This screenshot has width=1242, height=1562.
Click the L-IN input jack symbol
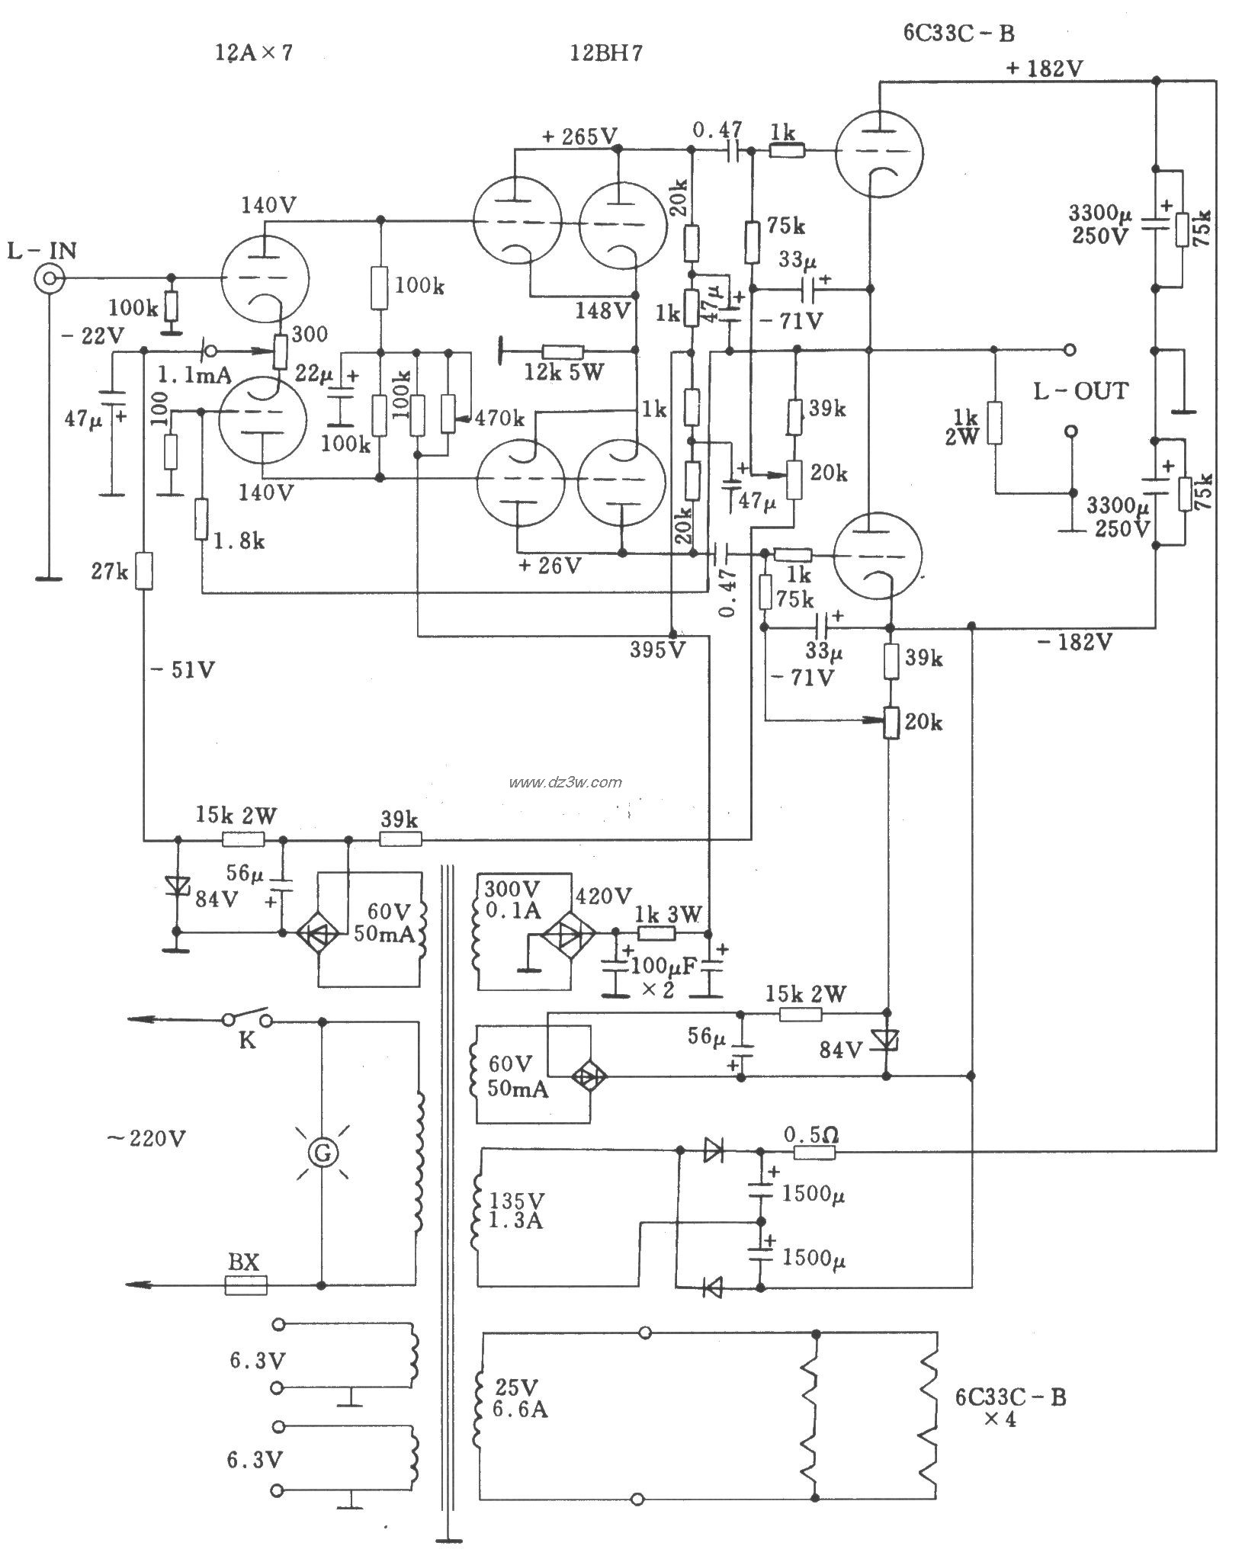[x=47, y=279]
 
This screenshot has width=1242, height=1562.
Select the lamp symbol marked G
[x=322, y=1154]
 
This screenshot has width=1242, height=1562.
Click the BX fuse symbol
[x=246, y=1285]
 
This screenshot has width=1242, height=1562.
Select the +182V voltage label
[x=1044, y=69]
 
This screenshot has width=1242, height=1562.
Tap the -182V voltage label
[x=1074, y=642]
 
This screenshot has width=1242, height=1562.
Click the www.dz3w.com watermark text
[x=566, y=781]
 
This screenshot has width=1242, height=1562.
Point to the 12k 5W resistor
[x=563, y=351]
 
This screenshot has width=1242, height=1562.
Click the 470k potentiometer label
[x=499, y=418]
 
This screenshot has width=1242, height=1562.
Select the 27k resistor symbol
[x=144, y=571]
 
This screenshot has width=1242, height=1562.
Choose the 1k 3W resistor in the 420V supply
[x=658, y=934]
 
